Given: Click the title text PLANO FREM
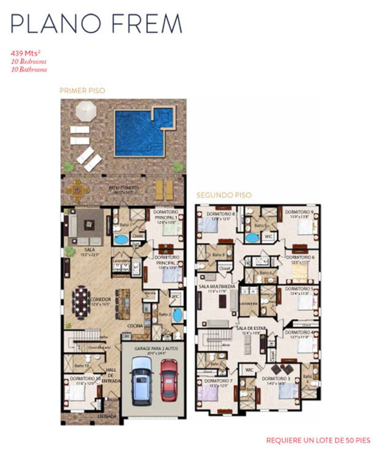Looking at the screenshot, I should [x=96, y=24].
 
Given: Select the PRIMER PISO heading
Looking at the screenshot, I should [x=82, y=91].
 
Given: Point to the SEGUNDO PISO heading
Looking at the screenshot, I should [x=224, y=195].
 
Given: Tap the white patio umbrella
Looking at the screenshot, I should [x=86, y=110].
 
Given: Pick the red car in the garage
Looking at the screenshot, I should [x=169, y=379].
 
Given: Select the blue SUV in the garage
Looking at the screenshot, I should [x=142, y=379].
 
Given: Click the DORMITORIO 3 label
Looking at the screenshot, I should [x=276, y=378].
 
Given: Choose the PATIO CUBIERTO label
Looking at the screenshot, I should [x=124, y=188].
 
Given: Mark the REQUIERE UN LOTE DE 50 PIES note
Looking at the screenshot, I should [x=318, y=440].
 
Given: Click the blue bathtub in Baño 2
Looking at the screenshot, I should [x=178, y=315].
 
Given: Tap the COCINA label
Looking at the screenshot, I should [x=134, y=326].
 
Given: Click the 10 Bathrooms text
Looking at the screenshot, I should [x=29, y=69].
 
